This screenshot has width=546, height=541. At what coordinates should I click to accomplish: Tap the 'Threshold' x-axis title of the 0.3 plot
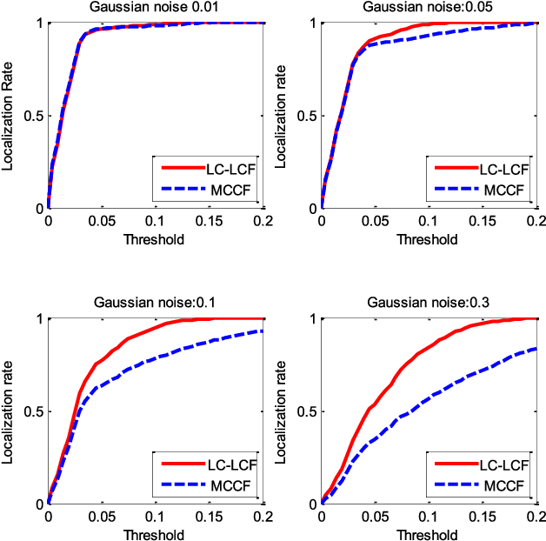(x=429, y=533)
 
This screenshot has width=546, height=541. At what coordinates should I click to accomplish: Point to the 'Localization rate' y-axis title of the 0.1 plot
(x=10, y=411)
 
